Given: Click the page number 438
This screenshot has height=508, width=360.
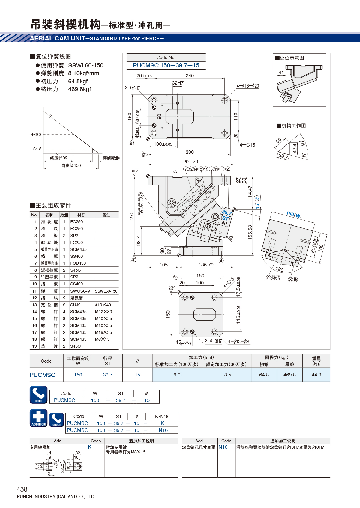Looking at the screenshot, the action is [22, 489].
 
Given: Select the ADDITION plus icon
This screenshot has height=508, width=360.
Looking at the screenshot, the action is [38, 418].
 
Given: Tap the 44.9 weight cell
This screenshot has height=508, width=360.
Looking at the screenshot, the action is [316, 375].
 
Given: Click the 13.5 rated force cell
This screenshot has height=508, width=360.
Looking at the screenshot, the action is [226, 375].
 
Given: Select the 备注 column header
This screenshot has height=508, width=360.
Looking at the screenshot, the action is [106, 215].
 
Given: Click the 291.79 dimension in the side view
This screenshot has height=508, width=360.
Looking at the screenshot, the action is [191, 162].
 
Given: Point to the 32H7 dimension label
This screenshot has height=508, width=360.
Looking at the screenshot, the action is [178, 83].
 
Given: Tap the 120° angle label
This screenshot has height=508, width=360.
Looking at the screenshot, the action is [280, 269].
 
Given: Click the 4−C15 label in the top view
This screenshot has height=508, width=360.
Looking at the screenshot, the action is [247, 145].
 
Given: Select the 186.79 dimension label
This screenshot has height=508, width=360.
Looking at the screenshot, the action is [206, 265].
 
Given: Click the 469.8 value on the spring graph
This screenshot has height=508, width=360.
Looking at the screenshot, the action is [36, 135].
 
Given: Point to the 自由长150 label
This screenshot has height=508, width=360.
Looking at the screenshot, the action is [71, 165].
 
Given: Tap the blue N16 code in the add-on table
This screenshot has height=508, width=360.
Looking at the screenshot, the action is [223, 447].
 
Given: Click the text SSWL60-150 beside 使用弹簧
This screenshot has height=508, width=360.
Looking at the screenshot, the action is [86, 65].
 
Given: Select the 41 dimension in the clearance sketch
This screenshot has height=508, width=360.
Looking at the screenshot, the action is [281, 72].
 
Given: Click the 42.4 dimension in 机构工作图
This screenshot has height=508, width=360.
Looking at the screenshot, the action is [295, 148].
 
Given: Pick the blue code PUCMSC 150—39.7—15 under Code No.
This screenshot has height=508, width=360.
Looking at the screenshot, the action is [166, 65].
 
